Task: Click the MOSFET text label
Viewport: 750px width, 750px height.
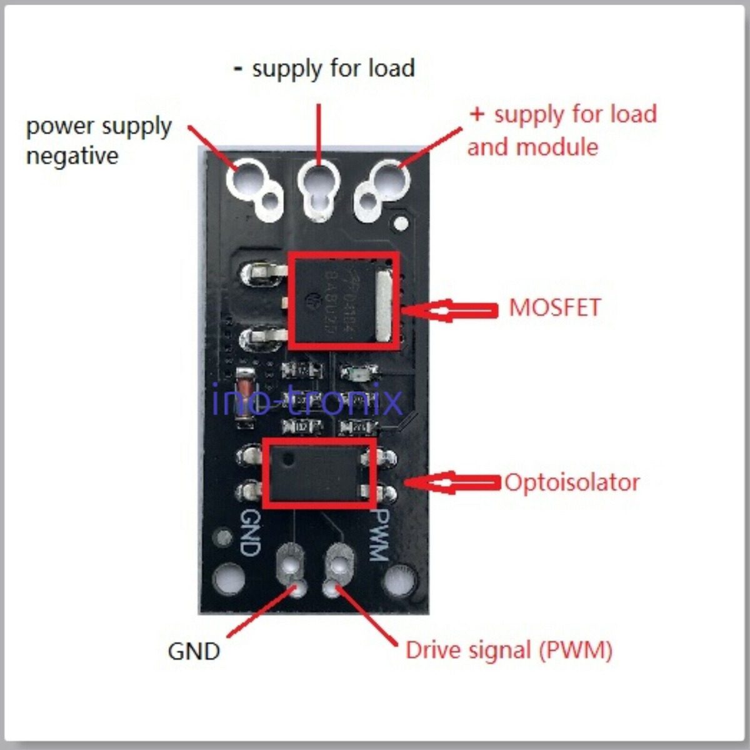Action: (x=554, y=307)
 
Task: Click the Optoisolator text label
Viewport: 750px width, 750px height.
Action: (x=572, y=482)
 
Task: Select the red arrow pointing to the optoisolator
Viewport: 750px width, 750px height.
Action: (x=452, y=483)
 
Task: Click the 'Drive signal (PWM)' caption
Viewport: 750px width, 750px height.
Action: (x=509, y=650)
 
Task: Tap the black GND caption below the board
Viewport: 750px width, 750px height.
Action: (x=194, y=651)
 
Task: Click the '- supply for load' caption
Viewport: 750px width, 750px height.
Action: (x=324, y=68)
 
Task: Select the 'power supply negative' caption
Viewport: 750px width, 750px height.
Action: (x=98, y=141)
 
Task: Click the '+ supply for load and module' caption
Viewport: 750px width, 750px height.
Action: (x=561, y=130)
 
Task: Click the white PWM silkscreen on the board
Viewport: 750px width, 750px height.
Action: (x=379, y=532)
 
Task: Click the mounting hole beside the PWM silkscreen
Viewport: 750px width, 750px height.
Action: (x=400, y=581)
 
